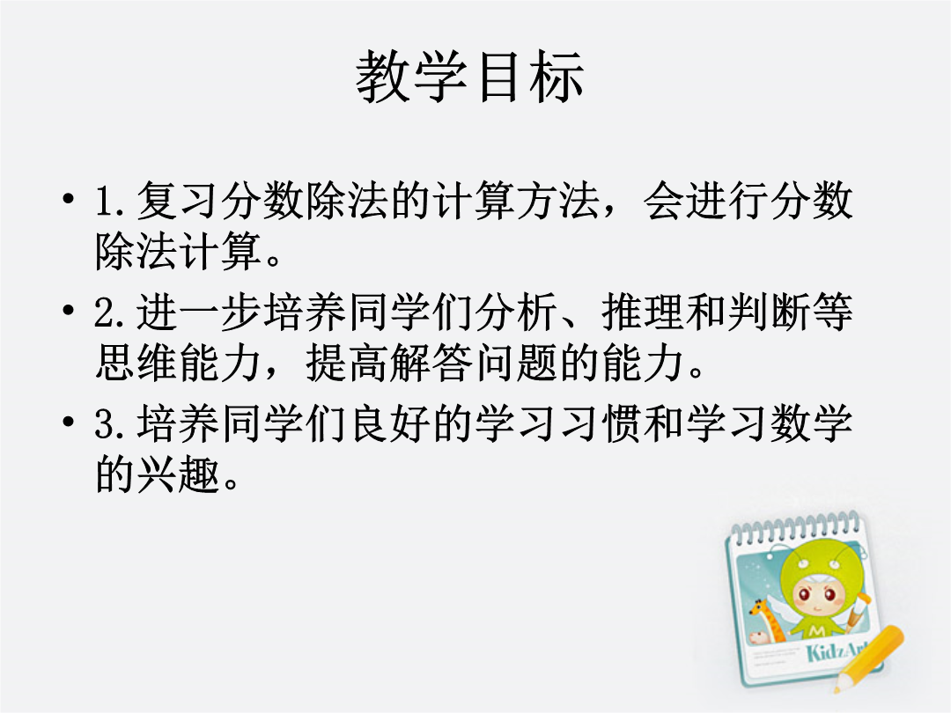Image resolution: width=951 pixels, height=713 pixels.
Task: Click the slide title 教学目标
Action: (x=470, y=77)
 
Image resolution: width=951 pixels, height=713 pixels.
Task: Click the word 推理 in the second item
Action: (x=642, y=312)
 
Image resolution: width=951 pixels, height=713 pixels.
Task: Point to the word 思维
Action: (x=136, y=364)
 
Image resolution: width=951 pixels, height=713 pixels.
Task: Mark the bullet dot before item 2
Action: (x=69, y=311)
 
